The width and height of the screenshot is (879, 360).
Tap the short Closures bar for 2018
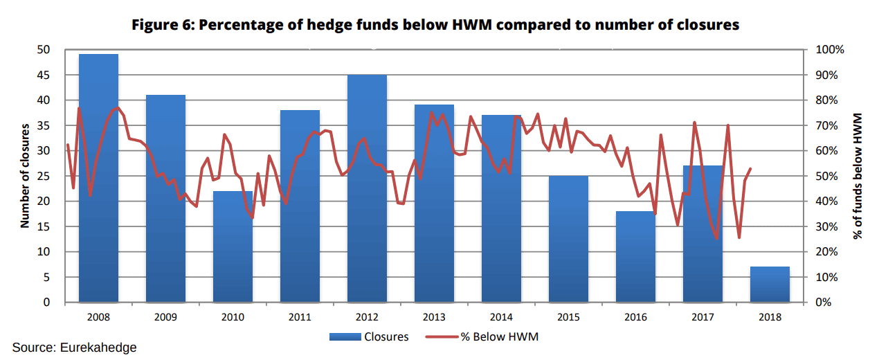tap(770, 285)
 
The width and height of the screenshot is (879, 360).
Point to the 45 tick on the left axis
tap(44, 75)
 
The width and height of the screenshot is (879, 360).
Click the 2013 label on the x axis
tap(434, 317)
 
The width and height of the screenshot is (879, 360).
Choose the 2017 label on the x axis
tap(703, 317)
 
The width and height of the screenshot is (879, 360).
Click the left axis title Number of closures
tap(25, 176)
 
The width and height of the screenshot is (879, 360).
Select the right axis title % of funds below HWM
tap(858, 176)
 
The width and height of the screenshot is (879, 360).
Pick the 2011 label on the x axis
tap(300, 317)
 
